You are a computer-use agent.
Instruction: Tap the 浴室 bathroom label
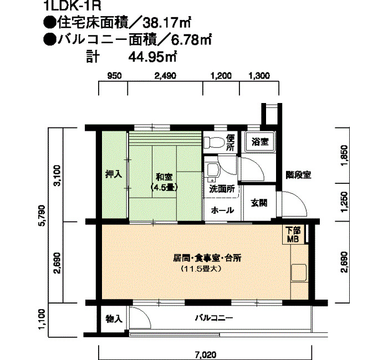[x=260, y=142]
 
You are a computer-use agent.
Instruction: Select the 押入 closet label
[x=114, y=174]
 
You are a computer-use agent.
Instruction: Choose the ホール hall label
[x=222, y=210]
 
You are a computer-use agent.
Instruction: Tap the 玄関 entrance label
[x=259, y=203]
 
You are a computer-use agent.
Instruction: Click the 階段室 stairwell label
[x=298, y=175]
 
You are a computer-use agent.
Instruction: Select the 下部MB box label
[x=293, y=235]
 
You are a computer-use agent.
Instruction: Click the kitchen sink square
[x=299, y=272]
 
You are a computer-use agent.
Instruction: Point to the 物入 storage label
[x=114, y=318]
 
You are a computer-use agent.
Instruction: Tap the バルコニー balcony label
[x=214, y=318]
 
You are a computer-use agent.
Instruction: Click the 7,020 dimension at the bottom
[x=206, y=355]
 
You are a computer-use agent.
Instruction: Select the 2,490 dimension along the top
[x=165, y=75]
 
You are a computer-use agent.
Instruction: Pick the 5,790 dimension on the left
[x=43, y=215]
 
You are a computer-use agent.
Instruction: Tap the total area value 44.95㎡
[x=152, y=57]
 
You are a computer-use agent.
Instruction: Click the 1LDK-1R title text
[x=73, y=6]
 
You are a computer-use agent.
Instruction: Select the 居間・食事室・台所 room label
[x=207, y=259]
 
